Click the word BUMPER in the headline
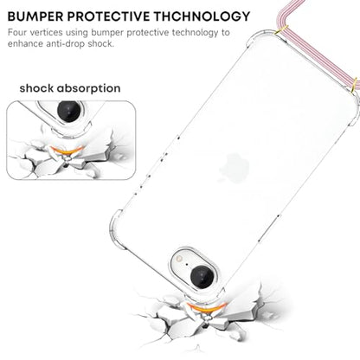pyautogui.click(x=35, y=16)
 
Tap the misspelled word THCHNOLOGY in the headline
pyautogui.click(x=202, y=16)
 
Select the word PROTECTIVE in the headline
pyautogui.click(x=109, y=16)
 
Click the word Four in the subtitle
pyautogui.click(x=17, y=32)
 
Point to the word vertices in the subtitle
pyautogui.click(x=47, y=32)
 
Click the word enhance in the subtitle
pyautogui.click(x=25, y=44)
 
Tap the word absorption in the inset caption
pyautogui.click(x=89, y=88)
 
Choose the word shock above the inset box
pyautogui.click(x=36, y=88)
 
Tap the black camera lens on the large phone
pyautogui.click(x=202, y=277)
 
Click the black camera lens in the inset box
pyautogui.click(x=68, y=111)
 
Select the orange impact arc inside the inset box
pyautogui.click(x=67, y=151)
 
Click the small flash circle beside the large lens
pyautogui.click(x=180, y=259)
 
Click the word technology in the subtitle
pyautogui.click(x=196, y=32)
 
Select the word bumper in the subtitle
pyautogui.click(x=107, y=33)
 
